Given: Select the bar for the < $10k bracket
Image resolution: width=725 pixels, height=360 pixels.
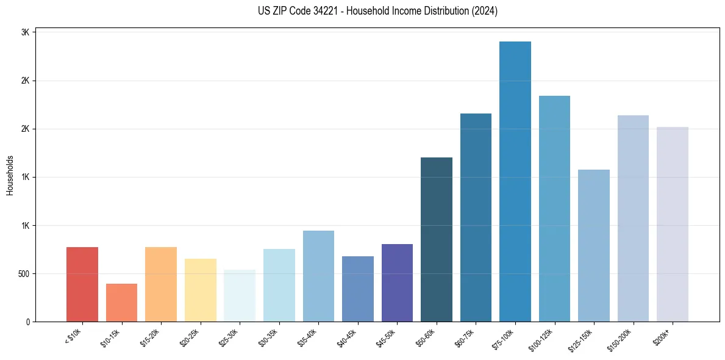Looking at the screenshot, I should [x=82, y=284].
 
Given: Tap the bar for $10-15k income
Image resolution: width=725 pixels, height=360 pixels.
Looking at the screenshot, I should [x=121, y=303].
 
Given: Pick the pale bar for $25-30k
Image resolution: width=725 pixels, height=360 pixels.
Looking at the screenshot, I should [x=240, y=295].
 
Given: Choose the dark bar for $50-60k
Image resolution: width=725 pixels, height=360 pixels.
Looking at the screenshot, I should [x=437, y=239].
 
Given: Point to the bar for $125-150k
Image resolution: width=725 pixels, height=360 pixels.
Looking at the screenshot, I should [x=594, y=245].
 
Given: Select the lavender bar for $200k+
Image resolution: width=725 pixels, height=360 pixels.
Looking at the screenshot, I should [x=673, y=224].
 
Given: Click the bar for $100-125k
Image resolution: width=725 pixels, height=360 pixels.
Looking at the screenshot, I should [x=554, y=209].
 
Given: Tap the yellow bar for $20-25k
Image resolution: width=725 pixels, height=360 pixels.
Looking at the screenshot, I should [x=200, y=290].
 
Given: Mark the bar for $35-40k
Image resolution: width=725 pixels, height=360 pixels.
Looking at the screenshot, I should [x=318, y=276].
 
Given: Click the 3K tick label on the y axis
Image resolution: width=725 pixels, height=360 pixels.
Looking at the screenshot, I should [x=25, y=32].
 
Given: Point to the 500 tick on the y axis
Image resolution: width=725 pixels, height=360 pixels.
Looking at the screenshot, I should [x=23, y=274].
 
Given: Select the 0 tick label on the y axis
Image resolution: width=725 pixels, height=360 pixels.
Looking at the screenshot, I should [x=27, y=322].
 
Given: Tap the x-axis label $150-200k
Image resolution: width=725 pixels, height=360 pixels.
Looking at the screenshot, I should [x=619, y=338].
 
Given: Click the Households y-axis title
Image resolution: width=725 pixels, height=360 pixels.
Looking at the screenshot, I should [x=10, y=175].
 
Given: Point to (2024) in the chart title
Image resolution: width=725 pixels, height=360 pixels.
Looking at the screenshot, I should [x=485, y=11].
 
